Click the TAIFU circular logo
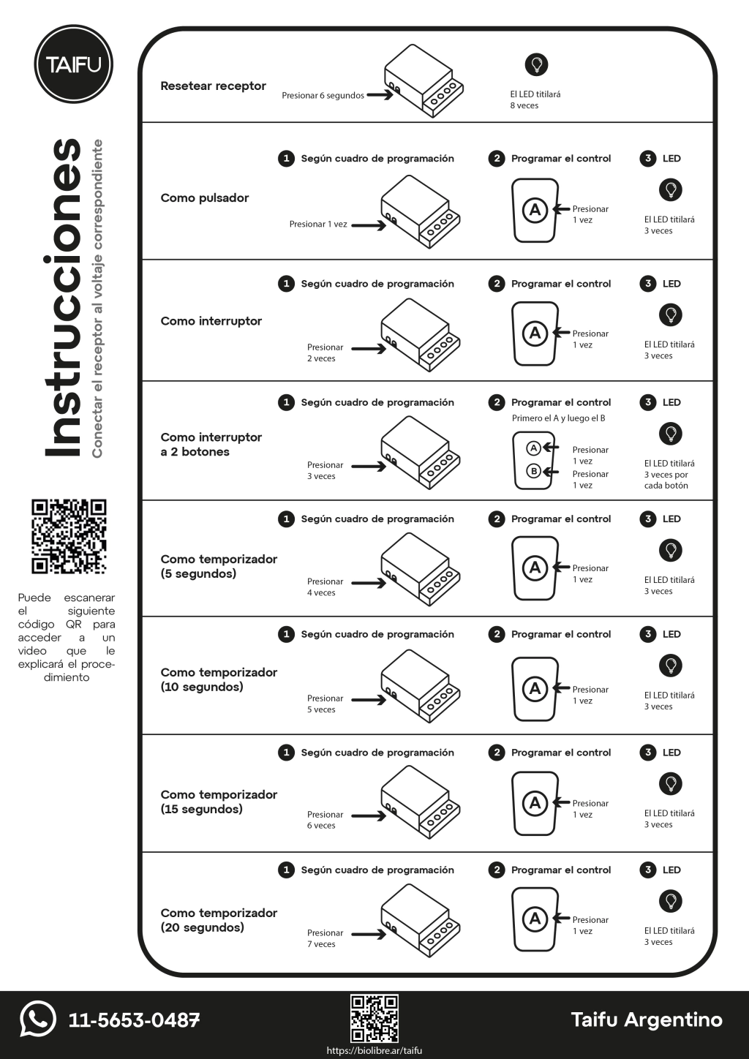(x=73, y=64)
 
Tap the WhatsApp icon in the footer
(x=38, y=1019)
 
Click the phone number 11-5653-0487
(x=134, y=1020)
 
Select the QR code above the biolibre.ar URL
(x=374, y=1018)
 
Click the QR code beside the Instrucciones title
(x=69, y=537)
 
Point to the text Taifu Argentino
(x=646, y=1020)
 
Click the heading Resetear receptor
(x=213, y=86)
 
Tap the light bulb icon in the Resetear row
(x=536, y=64)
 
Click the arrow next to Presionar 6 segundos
(x=380, y=95)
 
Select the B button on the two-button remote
(x=534, y=471)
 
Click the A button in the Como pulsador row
(x=535, y=211)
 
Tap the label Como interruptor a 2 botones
(x=211, y=445)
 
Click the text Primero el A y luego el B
(x=558, y=418)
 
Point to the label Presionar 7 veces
(x=324, y=938)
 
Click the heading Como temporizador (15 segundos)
(x=219, y=802)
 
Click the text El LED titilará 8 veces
(x=535, y=99)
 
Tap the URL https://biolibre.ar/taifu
(x=374, y=1051)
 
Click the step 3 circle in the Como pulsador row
(x=648, y=159)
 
